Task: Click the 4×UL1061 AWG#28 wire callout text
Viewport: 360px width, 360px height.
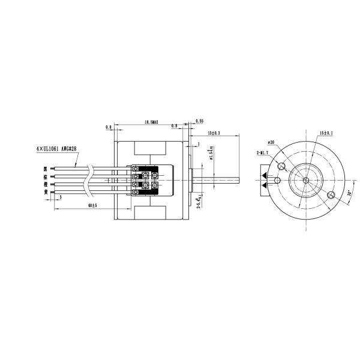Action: [58, 146]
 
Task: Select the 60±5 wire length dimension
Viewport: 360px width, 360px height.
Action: [92, 205]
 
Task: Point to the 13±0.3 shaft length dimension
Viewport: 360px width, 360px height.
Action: [214, 132]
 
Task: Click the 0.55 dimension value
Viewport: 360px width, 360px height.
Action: [200, 122]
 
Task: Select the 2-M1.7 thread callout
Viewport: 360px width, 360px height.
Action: [262, 154]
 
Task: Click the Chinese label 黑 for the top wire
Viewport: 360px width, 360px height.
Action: [45, 169]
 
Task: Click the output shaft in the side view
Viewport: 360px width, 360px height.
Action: [216, 179]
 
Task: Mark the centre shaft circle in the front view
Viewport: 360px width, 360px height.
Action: [305, 179]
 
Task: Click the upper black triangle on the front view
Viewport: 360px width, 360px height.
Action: [264, 175]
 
